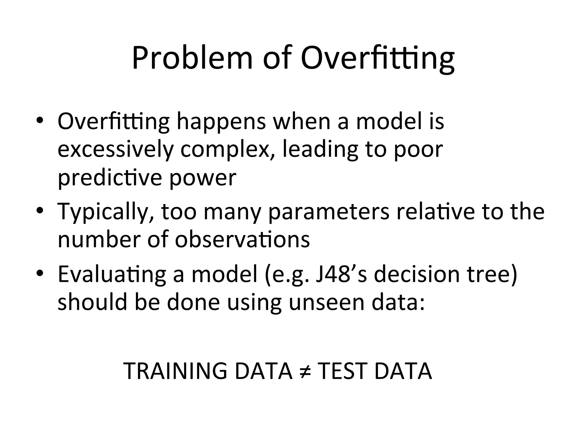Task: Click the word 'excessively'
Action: pos(116,150)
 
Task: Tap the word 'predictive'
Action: pos(110,178)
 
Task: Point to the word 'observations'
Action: pos(242,239)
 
